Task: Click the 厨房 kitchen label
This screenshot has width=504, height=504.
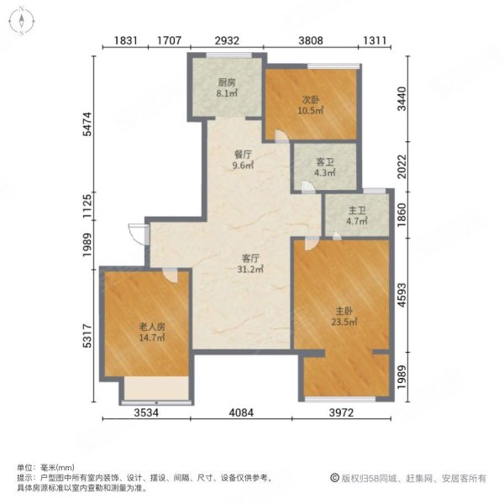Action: (x=225, y=82)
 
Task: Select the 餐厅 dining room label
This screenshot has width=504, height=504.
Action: (x=244, y=154)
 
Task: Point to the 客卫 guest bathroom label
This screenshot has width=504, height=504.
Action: (x=325, y=162)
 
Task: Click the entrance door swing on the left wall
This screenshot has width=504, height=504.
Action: (x=135, y=233)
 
